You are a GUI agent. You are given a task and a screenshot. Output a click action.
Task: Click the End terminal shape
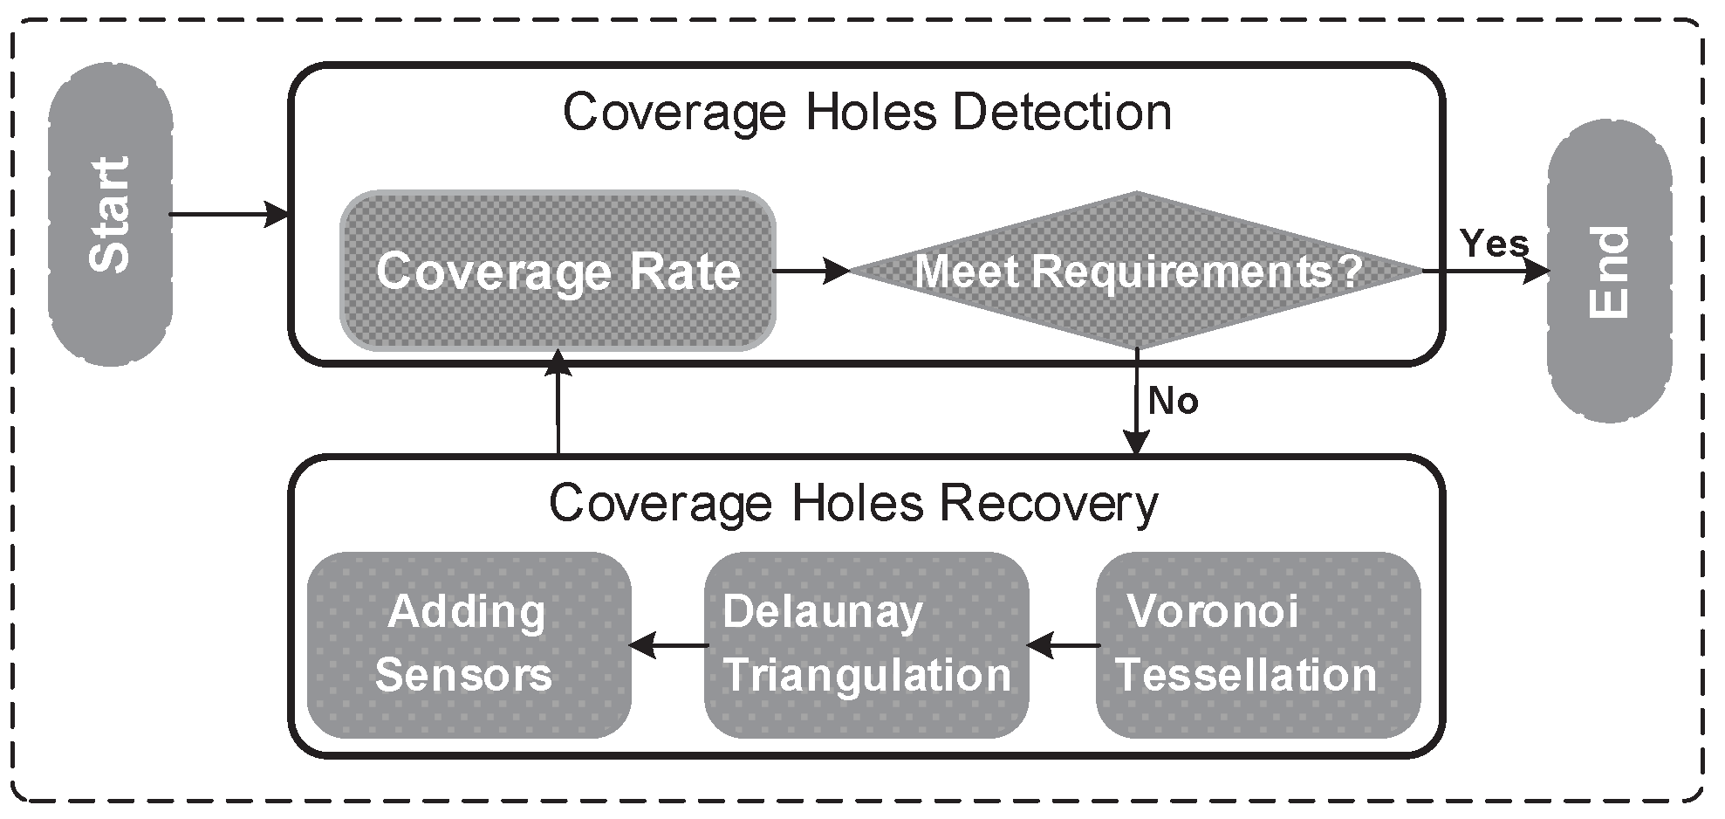(x=1608, y=272)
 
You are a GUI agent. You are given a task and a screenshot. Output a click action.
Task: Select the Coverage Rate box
(x=558, y=272)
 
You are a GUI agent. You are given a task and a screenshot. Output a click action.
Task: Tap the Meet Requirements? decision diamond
(x=1137, y=272)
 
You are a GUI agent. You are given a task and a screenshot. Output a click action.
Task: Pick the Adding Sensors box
(x=469, y=645)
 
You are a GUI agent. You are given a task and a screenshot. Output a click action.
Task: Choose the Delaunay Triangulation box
(x=866, y=645)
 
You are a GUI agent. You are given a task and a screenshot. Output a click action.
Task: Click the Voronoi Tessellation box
(x=1257, y=645)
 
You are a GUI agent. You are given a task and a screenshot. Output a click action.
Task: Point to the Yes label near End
(x=1494, y=244)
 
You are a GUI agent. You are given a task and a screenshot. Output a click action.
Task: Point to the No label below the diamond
(x=1173, y=402)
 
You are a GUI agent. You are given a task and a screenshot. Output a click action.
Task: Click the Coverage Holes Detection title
(x=866, y=113)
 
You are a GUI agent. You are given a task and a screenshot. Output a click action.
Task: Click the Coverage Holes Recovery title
(x=853, y=504)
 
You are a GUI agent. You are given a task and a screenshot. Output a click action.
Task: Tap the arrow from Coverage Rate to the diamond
(x=811, y=271)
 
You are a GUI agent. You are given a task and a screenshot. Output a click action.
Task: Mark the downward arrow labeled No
(x=1136, y=402)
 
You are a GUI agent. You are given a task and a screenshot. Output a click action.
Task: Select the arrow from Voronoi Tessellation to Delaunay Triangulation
(x=1062, y=646)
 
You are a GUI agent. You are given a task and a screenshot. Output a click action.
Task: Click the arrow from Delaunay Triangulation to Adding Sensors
(x=667, y=646)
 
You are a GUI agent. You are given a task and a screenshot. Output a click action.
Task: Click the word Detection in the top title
(x=1061, y=113)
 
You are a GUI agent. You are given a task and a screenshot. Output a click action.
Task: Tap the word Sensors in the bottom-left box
(x=463, y=676)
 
